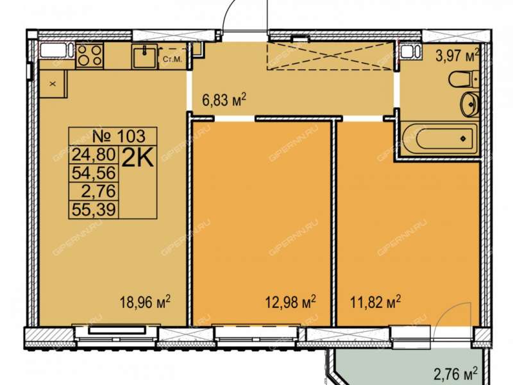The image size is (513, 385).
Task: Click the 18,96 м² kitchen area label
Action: point(146,302)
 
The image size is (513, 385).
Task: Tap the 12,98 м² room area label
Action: point(290,302)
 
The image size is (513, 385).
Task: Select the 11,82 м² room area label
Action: point(376,302)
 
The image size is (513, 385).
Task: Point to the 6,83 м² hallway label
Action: point(224,100)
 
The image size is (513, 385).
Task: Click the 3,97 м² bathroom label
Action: point(457,56)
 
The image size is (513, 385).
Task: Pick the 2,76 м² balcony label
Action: point(455,374)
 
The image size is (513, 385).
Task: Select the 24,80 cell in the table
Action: point(94,154)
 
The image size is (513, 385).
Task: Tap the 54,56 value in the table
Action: point(94,173)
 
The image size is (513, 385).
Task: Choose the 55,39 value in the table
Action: point(94,210)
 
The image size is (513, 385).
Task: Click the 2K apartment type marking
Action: point(138,159)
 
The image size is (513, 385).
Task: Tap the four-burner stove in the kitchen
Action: point(90,56)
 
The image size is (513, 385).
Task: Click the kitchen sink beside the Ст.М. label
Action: point(145,56)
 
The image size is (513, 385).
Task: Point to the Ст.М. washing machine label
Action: point(172,60)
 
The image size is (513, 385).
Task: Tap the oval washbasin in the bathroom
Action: point(470,104)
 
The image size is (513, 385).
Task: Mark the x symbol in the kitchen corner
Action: point(53,84)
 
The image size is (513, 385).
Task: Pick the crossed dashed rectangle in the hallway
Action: point(330,56)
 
